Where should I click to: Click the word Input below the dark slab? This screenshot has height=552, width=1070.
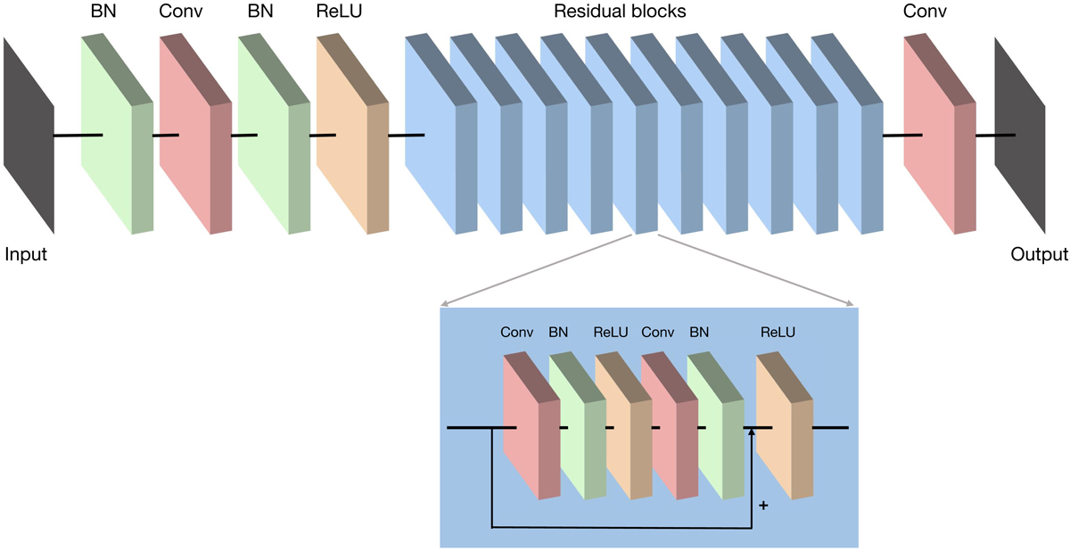coord(26,255)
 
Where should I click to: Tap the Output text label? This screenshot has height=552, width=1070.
coord(1039,255)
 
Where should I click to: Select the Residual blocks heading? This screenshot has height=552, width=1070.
coord(620,13)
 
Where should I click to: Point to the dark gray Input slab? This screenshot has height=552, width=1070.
coord(29,134)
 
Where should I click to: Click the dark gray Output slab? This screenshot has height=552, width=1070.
coord(1022,134)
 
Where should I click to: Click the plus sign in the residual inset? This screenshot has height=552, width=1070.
coord(762,506)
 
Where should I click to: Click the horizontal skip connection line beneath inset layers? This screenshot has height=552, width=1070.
coord(624,526)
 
